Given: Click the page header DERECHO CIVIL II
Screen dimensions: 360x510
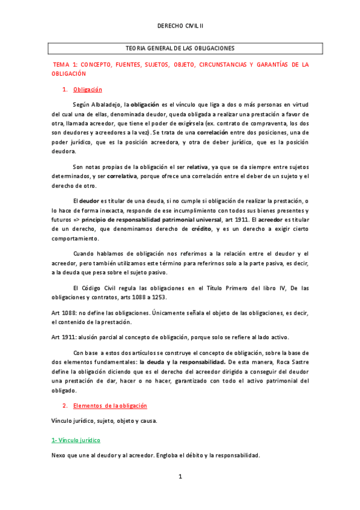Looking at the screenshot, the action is pos(180,27).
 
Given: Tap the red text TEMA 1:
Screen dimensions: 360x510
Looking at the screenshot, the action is pos(66,64).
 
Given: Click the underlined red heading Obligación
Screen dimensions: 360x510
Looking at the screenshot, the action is pos(88,90).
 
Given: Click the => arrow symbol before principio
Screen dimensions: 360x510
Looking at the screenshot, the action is pos(75,220).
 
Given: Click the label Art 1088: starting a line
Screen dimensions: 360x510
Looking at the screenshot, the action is pos(64,312).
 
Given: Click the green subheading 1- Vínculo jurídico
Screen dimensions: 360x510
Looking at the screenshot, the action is pos(76,440).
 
